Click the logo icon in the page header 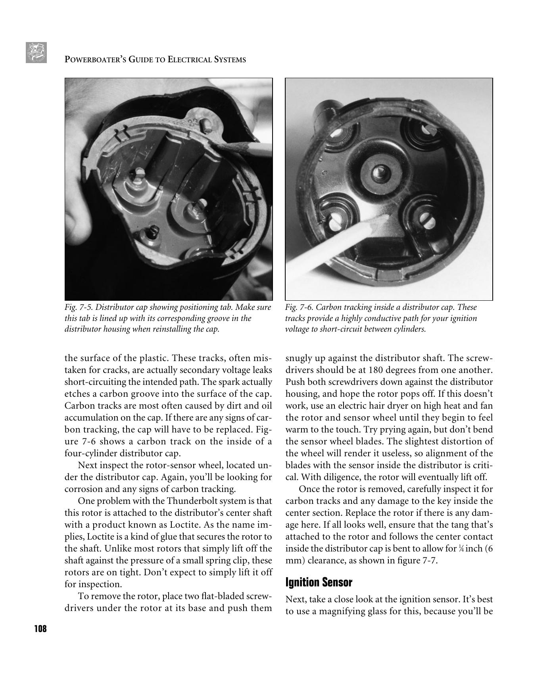click(x=36, y=52)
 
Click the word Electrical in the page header click(x=190, y=60)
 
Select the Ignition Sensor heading click(x=319, y=582)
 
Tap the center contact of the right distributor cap click(x=379, y=173)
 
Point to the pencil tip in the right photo click(x=383, y=216)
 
